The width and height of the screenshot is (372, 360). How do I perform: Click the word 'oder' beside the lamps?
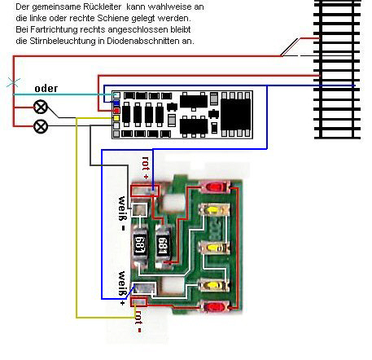tap(46, 89)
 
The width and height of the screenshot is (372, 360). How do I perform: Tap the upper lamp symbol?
tap(41, 107)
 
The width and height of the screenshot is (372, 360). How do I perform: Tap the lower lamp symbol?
tap(41, 126)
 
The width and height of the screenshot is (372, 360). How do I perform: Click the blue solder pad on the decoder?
tap(116, 103)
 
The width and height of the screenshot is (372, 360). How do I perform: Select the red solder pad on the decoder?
tap(116, 111)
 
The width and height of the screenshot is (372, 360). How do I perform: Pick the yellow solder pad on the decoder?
tap(116, 118)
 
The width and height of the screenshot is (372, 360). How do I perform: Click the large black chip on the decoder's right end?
tap(235, 114)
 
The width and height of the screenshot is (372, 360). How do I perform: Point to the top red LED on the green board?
tap(215, 187)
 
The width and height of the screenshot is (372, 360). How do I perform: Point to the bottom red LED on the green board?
tap(215, 307)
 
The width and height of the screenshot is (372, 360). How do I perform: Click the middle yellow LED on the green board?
tap(214, 248)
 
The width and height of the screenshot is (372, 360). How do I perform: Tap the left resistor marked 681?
tap(140, 245)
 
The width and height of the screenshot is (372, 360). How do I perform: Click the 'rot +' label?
tap(146, 168)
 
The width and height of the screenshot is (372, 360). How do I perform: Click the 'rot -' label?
tap(138, 322)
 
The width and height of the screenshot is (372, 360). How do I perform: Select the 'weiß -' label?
tap(123, 213)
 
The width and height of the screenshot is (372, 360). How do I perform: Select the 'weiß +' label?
tap(123, 288)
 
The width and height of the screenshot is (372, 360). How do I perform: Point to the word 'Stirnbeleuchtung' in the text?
tap(67, 42)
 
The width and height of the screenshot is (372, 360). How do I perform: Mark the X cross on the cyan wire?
tap(13, 82)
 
